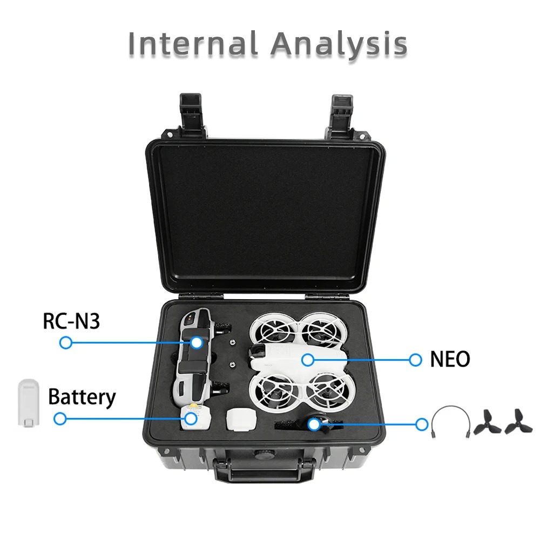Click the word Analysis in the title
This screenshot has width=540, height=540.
click(339, 45)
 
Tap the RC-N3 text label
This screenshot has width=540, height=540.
click(71, 321)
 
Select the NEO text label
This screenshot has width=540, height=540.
click(450, 359)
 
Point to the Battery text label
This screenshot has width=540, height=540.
click(82, 397)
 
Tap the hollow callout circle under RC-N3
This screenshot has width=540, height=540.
click(66, 342)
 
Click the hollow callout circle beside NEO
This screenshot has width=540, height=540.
click(415, 360)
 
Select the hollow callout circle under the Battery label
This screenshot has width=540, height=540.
click(60, 418)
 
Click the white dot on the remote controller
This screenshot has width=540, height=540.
click(196, 342)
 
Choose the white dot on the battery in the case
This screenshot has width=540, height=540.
click(190, 418)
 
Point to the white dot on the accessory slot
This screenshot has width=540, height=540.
click(314, 424)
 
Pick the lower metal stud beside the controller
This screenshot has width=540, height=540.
click(233, 362)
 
